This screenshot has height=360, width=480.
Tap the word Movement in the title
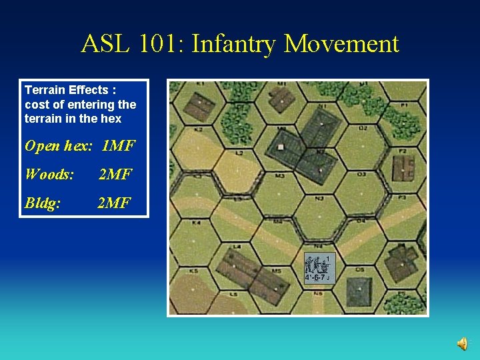pos(341,44)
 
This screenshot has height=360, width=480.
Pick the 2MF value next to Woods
pos(115,175)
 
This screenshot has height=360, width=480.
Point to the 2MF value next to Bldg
pos(115,203)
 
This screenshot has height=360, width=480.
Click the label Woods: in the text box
pos(49,175)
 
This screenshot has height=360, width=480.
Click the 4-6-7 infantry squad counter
pos(318,269)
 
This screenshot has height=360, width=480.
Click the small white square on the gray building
pos(281,147)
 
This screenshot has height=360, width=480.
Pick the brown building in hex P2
pos(403,167)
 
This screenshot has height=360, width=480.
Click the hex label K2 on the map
pos(199,129)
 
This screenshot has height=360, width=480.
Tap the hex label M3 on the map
pos(279,176)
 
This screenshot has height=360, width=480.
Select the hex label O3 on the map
pos(361,175)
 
